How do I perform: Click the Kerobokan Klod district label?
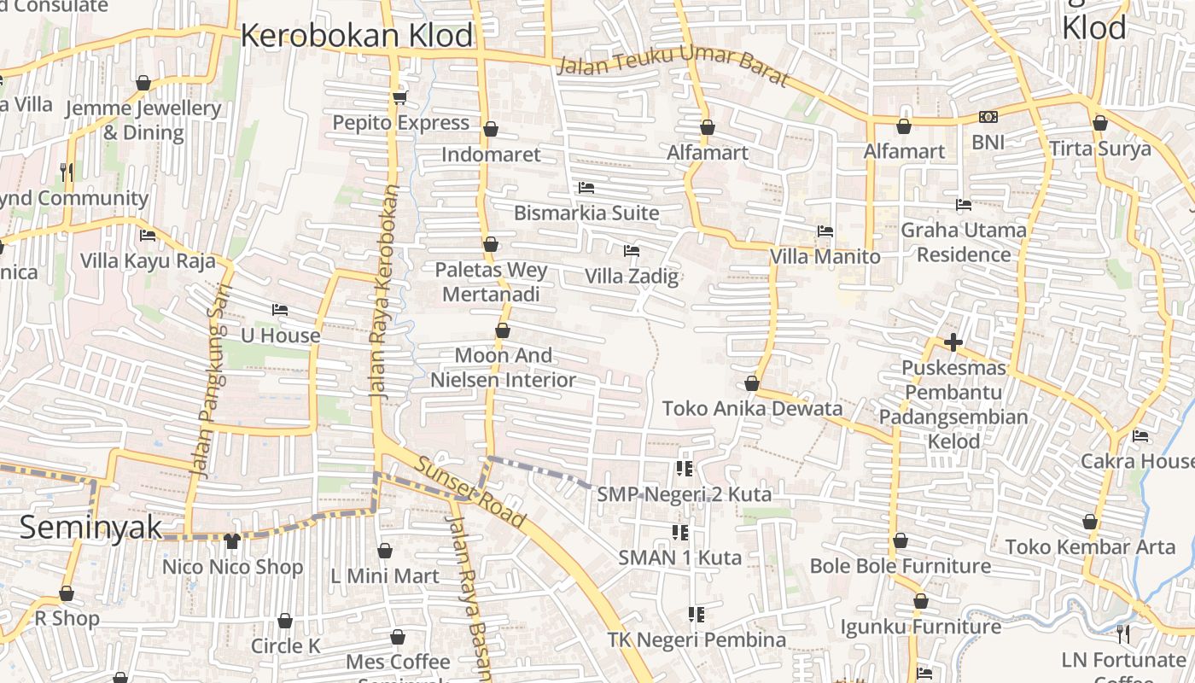356,36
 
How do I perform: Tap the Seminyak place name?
90,527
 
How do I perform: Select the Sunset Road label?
470,491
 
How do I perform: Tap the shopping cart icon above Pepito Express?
399,97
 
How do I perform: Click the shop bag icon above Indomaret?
491,129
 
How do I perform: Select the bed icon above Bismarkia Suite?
586,187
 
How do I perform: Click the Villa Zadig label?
632,276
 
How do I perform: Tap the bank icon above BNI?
988,117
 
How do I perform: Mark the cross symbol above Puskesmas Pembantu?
953,342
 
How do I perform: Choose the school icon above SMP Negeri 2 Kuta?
684,468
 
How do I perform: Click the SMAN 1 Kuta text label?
679,557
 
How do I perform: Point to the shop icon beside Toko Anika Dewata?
752,383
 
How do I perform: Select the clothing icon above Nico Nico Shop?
232,540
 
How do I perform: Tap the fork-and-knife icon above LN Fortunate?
1123,633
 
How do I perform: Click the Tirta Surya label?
1100,149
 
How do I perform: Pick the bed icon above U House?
280,309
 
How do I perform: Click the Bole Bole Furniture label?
900,566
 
